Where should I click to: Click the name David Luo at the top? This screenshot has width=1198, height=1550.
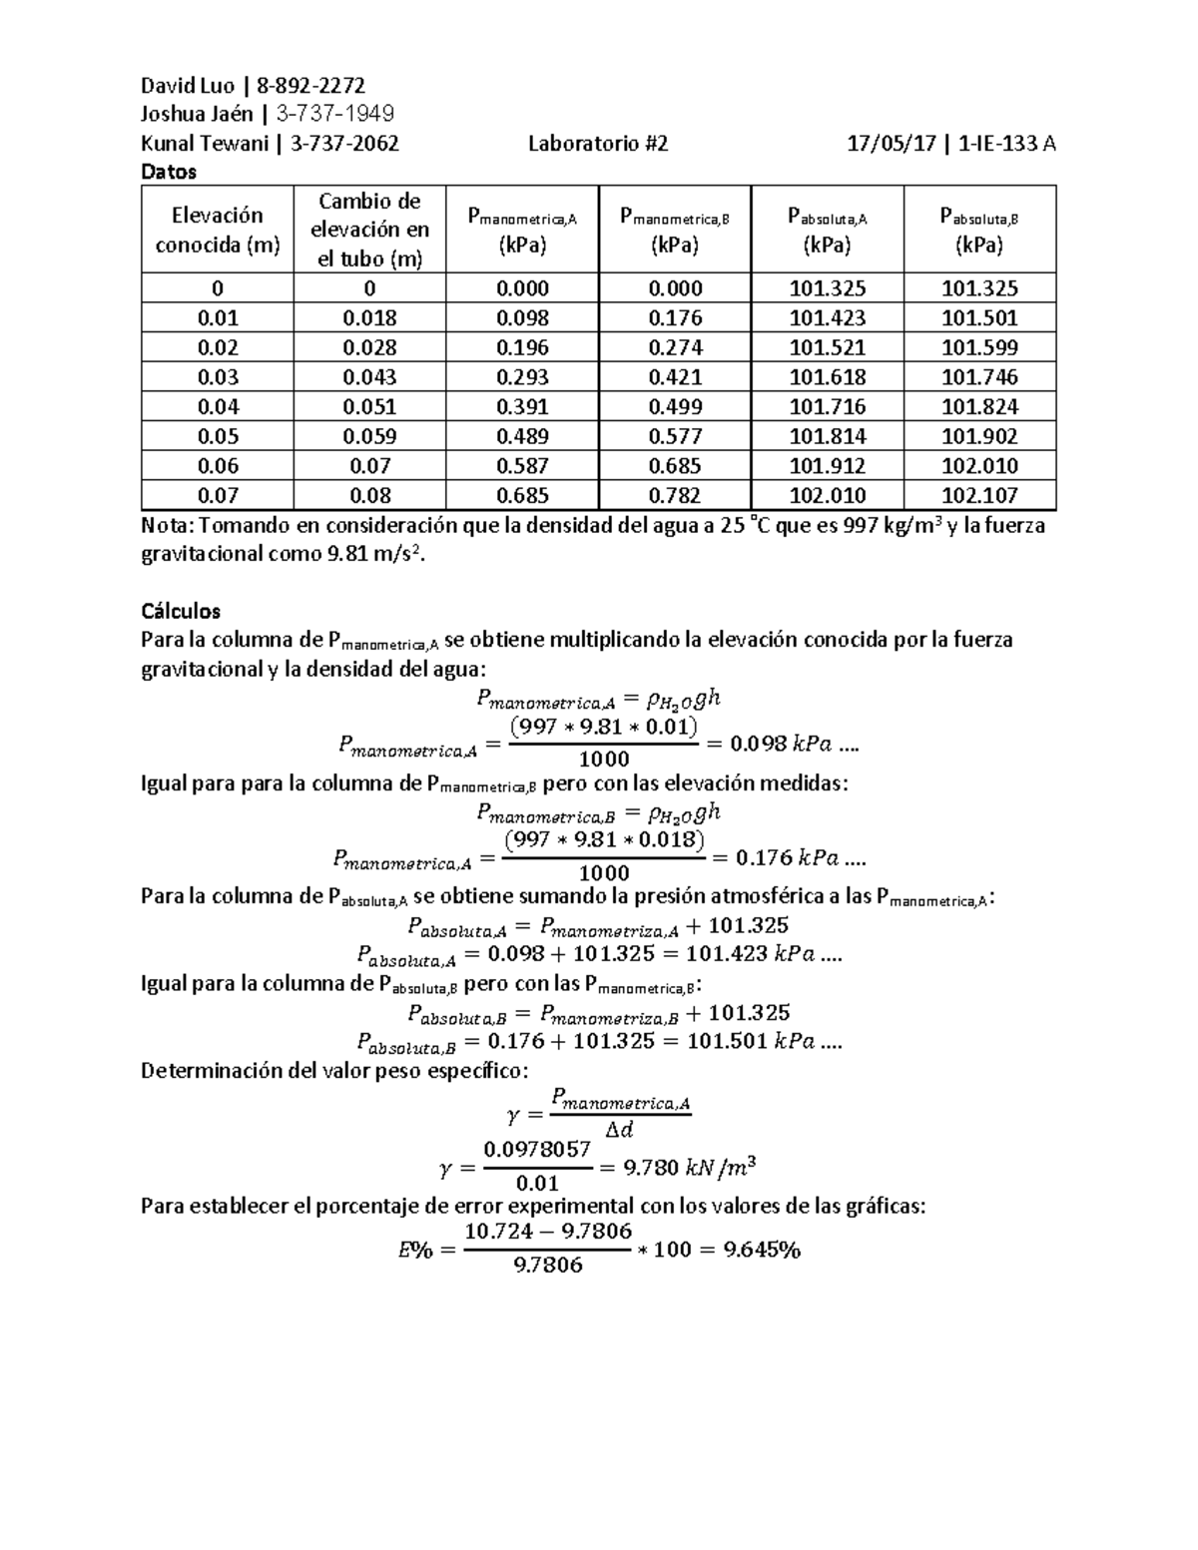pyautogui.click(x=188, y=85)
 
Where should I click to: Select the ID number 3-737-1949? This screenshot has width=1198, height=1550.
pyautogui.click(x=334, y=114)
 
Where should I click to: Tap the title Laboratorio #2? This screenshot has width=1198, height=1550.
pyautogui.click(x=598, y=143)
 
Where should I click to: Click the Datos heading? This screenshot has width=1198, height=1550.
pyautogui.click(x=169, y=172)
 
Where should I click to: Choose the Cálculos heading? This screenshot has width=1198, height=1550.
pyautogui.click(x=181, y=610)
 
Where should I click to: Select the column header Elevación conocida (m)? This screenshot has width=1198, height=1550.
pyautogui.click(x=217, y=230)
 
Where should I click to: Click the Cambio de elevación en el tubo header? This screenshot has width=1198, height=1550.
pyautogui.click(x=369, y=230)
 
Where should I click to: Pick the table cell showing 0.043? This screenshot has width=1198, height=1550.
pyautogui.click(x=369, y=377)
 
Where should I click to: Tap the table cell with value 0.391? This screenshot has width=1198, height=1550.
pyautogui.click(x=522, y=406)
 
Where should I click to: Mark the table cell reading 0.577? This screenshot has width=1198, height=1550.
pyautogui.click(x=675, y=436)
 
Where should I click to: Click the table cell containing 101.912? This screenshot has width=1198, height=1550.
pyautogui.click(x=828, y=465)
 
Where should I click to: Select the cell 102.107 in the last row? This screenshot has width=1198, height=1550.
pyautogui.click(x=979, y=495)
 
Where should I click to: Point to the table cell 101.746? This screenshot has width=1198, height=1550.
pyautogui.click(x=979, y=377)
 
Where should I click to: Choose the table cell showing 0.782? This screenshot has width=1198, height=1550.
pyautogui.click(x=675, y=495)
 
